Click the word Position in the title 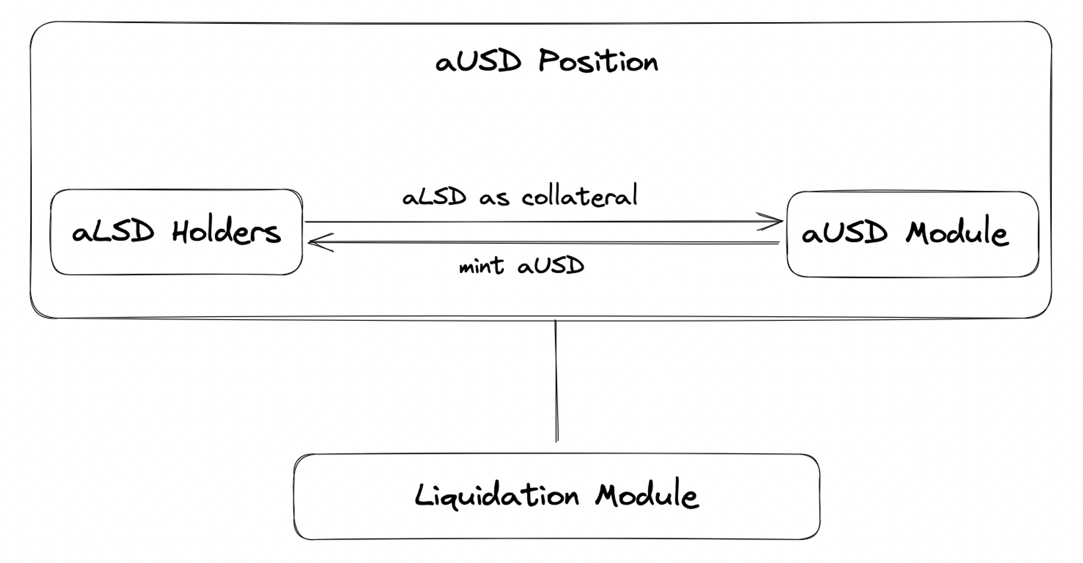598,61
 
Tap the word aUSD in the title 478,61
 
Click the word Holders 226,232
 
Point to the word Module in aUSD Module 957,233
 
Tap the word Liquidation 497,496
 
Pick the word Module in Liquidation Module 647,495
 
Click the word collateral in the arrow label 579,196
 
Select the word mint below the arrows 481,267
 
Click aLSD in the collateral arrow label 434,197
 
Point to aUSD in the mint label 551,266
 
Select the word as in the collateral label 494,198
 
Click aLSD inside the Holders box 113,232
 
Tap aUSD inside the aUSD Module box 845,234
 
